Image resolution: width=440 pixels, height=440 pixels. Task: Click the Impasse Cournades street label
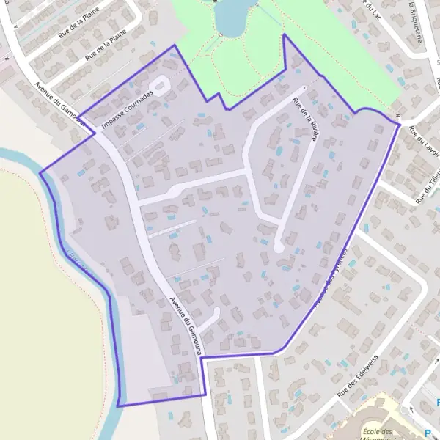coord(129,114)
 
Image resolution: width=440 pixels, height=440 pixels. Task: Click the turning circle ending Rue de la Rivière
coord(279,248)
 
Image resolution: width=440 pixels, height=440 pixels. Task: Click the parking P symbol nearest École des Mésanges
coord(430,433)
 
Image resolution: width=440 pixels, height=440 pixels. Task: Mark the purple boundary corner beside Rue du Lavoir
coord(400,125)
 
